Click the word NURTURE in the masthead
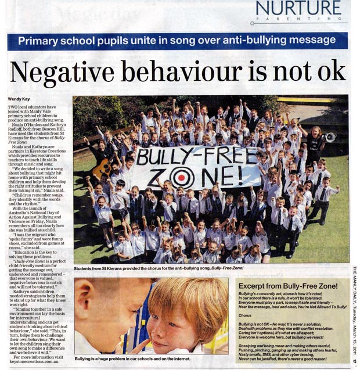tap(298, 9)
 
